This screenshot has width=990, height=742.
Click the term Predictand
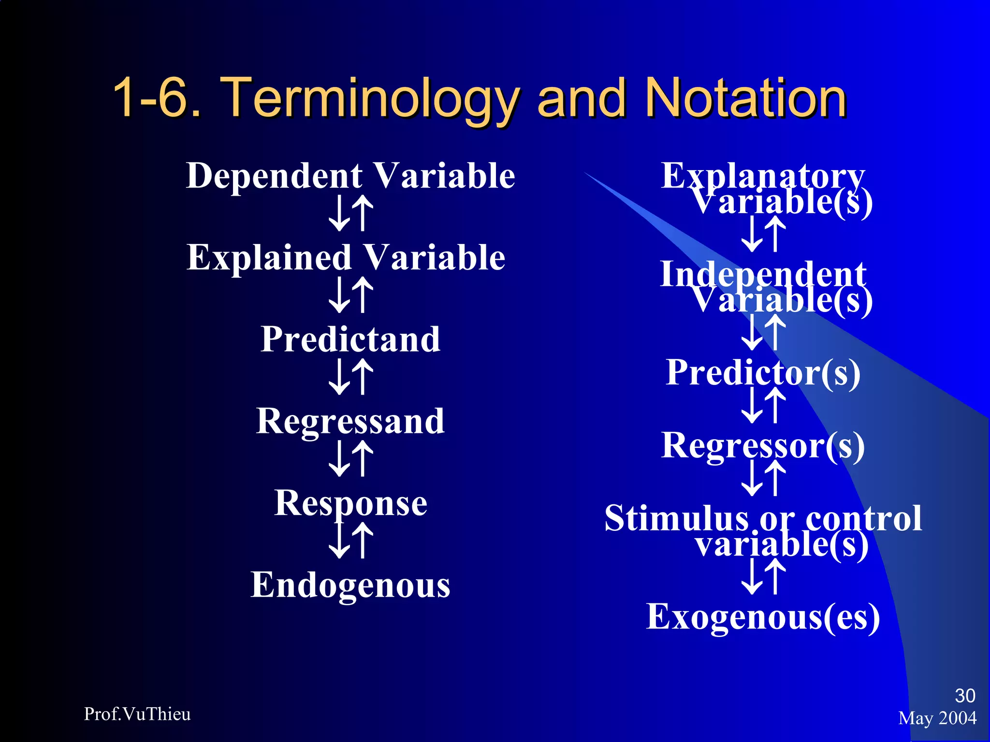click(350, 339)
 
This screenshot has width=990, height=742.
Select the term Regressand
click(350, 421)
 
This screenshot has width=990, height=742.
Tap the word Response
click(350, 503)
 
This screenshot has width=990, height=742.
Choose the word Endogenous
click(350, 585)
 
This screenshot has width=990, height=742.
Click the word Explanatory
click(763, 175)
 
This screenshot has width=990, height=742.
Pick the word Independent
click(763, 273)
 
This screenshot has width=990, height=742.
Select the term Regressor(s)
click(763, 445)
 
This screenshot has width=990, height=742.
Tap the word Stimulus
click(676, 518)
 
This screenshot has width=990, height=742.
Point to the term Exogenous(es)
click(763, 617)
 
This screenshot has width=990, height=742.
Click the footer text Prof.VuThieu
click(137, 714)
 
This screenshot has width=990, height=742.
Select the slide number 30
click(965, 696)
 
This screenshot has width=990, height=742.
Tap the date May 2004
click(937, 718)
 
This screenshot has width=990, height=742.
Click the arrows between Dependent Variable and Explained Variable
click(351, 213)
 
